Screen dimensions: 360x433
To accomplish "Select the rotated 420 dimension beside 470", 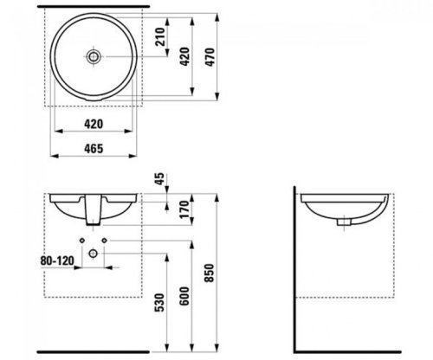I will click(184, 57).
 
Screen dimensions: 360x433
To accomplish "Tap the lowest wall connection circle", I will click(94, 252).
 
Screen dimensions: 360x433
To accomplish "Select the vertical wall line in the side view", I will click(294, 260).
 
